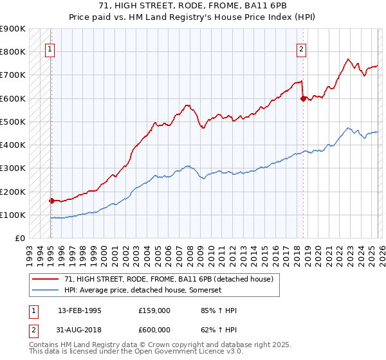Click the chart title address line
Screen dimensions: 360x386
[x=193, y=6]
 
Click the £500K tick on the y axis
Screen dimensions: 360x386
[x=13, y=122]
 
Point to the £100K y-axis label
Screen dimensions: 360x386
[x=13, y=215]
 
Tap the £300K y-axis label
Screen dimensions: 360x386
[x=13, y=168]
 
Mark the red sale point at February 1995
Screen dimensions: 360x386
[x=51, y=201]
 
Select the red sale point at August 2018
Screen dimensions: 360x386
[x=303, y=98]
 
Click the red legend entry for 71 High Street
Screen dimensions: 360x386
[x=169, y=279]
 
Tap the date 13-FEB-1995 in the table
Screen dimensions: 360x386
[x=80, y=310]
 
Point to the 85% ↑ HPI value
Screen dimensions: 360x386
[x=219, y=310]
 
